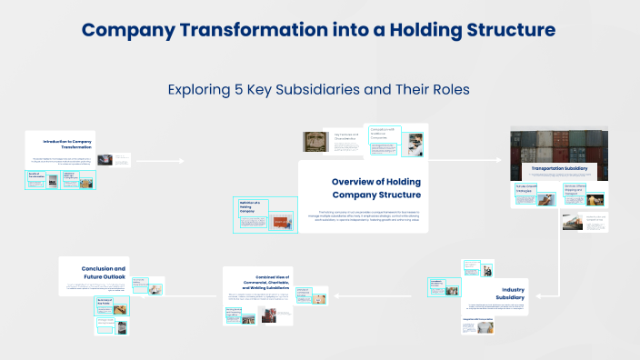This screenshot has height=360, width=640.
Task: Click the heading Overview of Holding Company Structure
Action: pos(375,187)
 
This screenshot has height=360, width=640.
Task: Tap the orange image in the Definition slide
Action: pos(281,221)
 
